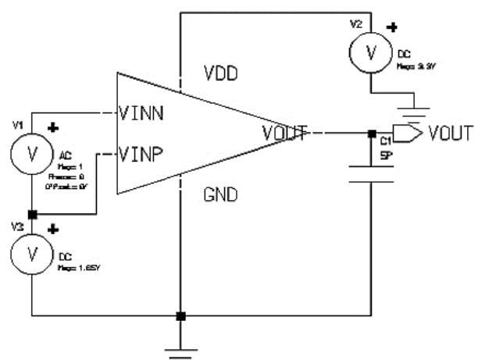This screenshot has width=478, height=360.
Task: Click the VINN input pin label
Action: coord(142,113)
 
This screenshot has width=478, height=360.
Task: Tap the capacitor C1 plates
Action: coord(371,173)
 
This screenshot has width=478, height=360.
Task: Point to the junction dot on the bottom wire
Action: coord(180,317)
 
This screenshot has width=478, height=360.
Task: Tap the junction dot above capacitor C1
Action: coord(371,134)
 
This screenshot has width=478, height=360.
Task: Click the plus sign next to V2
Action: coord(392,29)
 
